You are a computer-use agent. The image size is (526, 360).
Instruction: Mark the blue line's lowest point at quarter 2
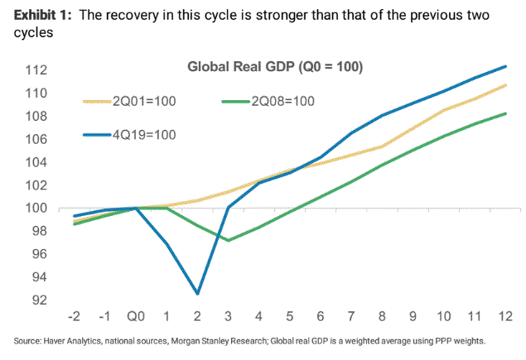point(198,294)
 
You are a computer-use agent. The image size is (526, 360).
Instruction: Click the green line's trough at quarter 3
point(229,240)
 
